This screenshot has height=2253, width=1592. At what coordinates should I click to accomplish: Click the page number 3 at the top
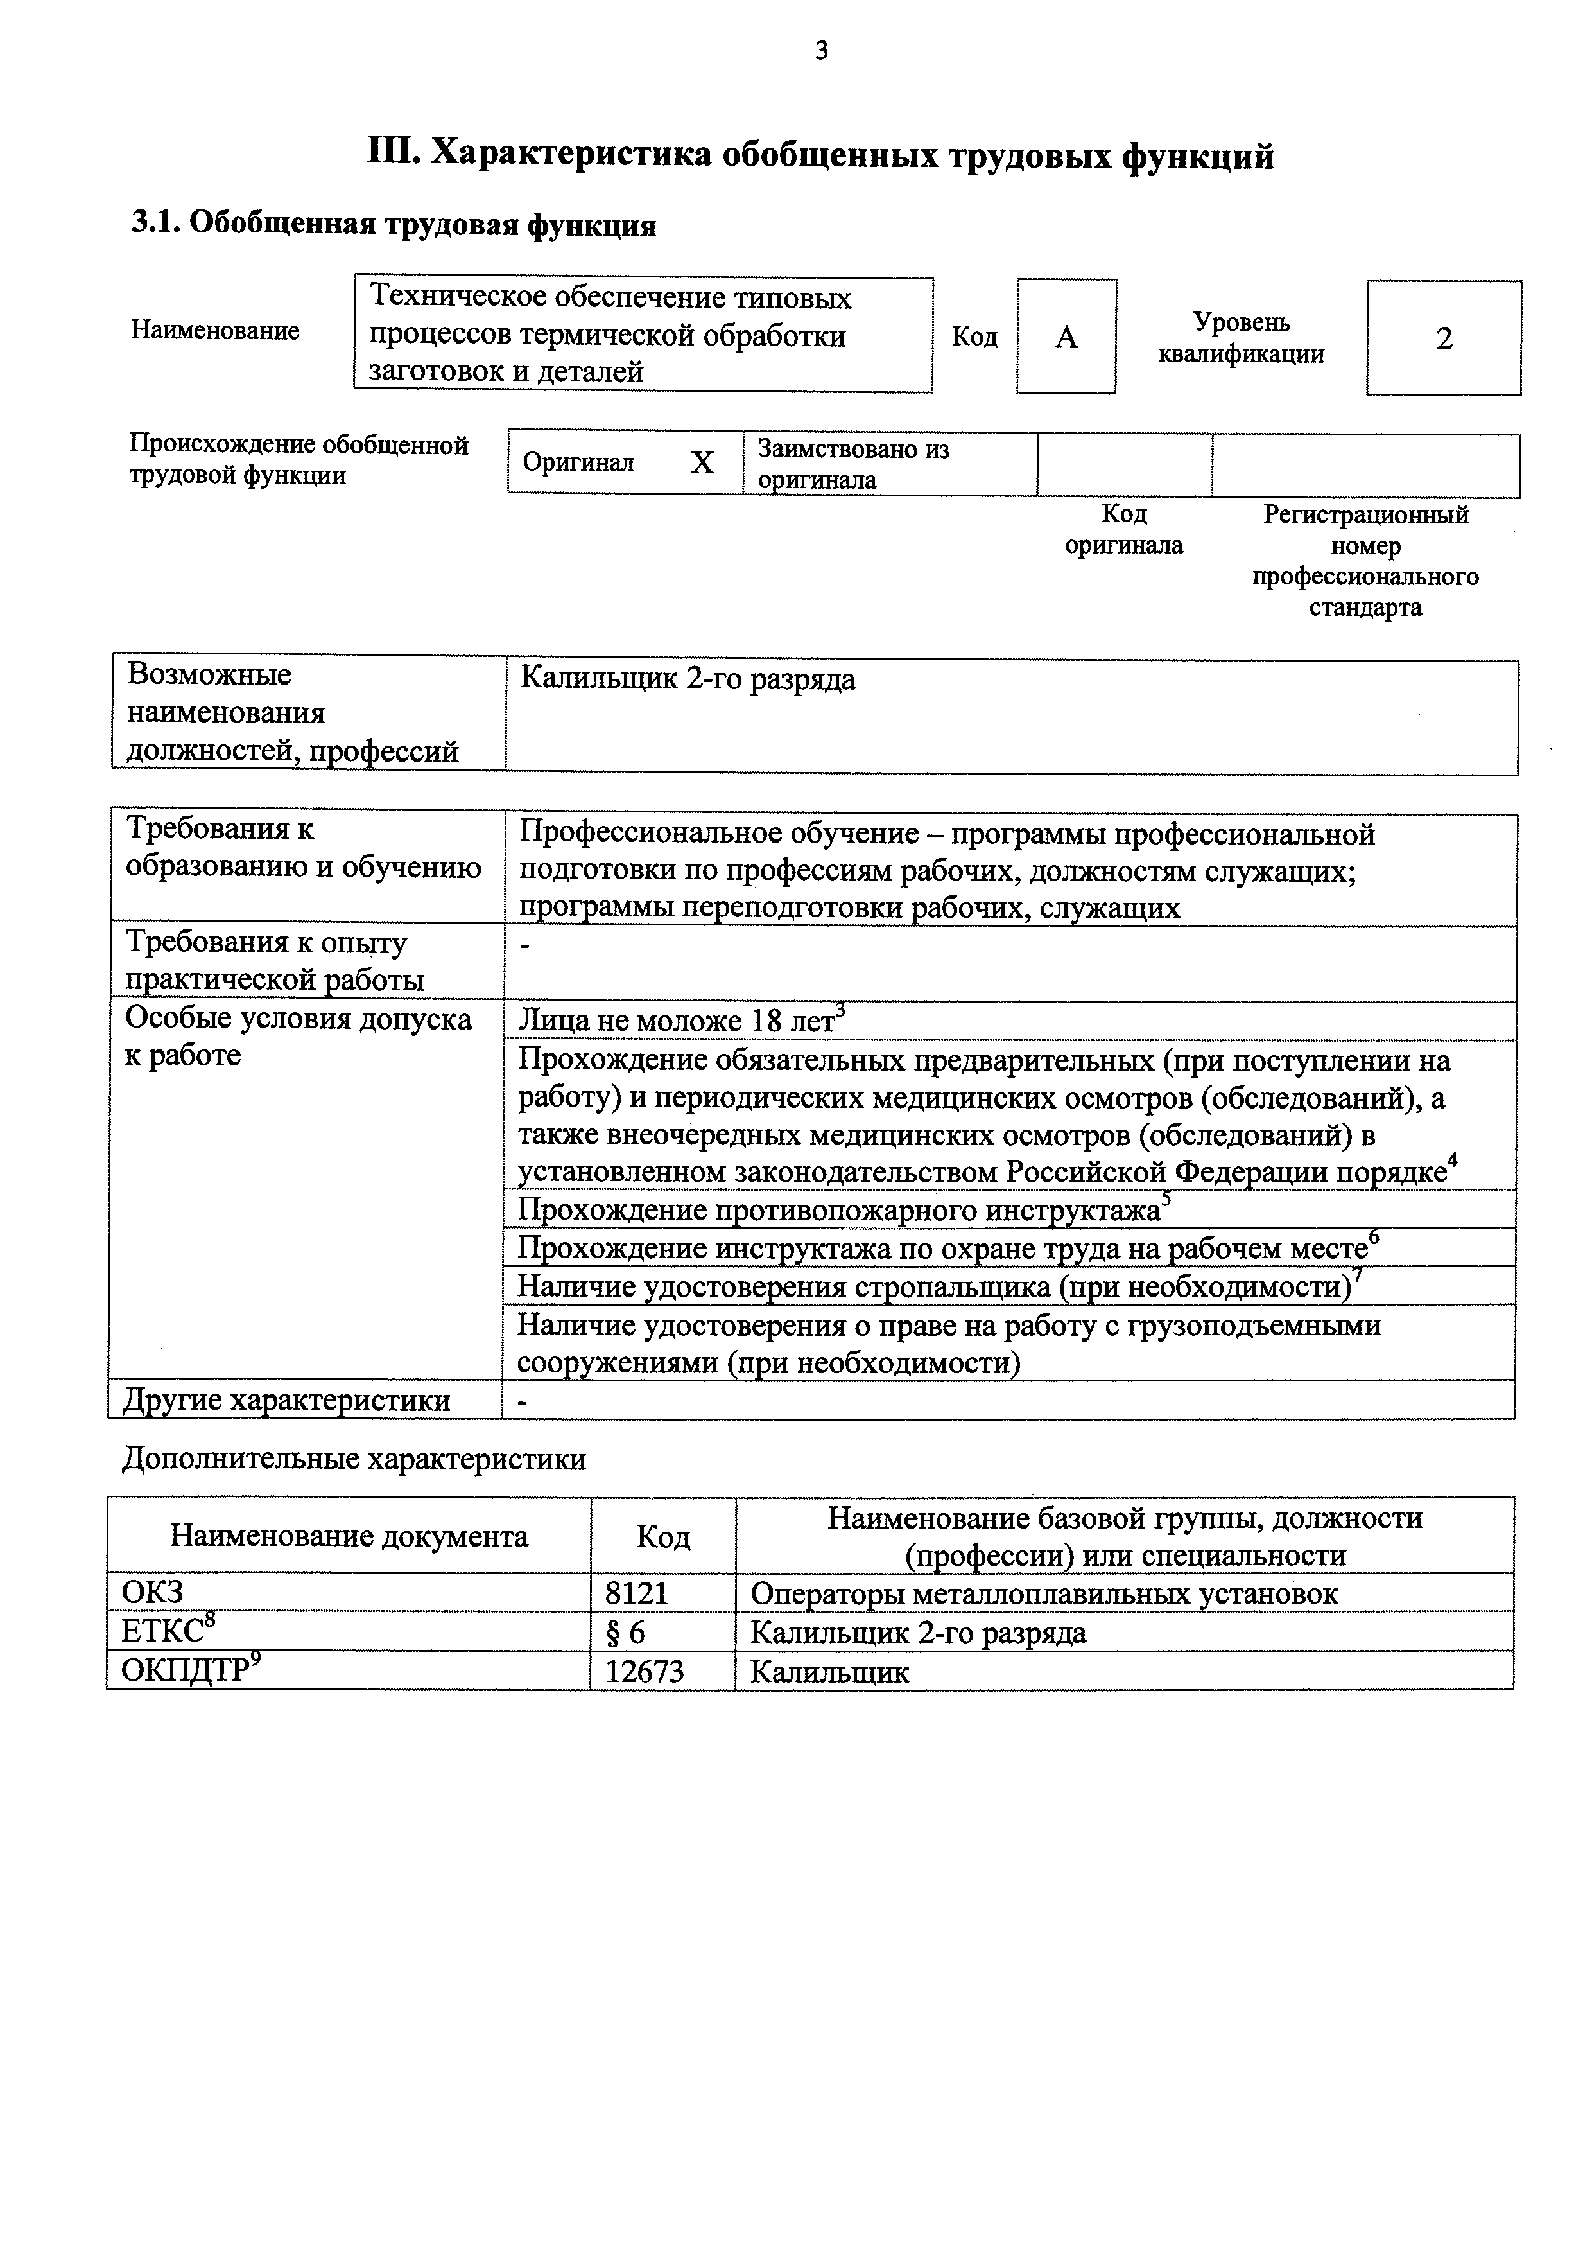[821, 51]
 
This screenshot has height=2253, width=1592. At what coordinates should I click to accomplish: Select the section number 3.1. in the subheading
[156, 225]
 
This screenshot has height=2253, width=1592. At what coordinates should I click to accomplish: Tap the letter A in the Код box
[1066, 338]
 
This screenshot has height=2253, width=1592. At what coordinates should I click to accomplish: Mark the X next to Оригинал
[702, 463]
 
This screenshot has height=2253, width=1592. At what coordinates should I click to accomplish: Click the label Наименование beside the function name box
[215, 331]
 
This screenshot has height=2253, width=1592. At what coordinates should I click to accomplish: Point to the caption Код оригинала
[1124, 529]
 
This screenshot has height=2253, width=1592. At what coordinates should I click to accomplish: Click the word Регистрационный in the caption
[1365, 515]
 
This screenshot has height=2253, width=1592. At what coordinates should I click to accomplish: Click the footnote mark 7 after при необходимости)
[1358, 1274]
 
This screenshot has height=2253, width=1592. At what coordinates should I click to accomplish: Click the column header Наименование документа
[349, 1537]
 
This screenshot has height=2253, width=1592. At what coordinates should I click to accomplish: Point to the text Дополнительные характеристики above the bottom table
[354, 1460]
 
